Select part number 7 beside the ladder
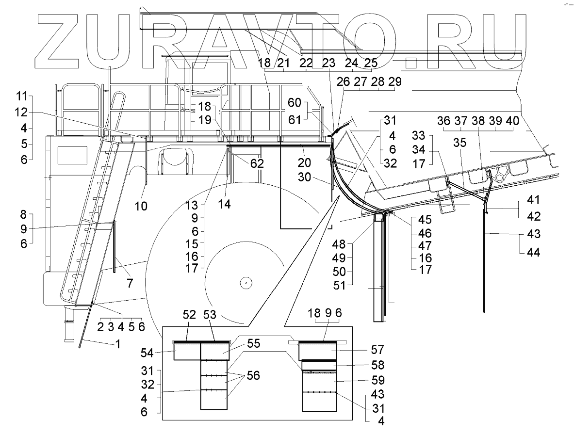(x=130, y=283)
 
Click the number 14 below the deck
(x=224, y=205)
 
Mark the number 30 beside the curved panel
(x=305, y=178)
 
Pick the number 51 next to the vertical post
(x=339, y=285)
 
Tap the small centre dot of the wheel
(x=246, y=282)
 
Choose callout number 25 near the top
(x=371, y=63)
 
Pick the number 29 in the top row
(x=395, y=82)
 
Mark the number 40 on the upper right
(x=512, y=121)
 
